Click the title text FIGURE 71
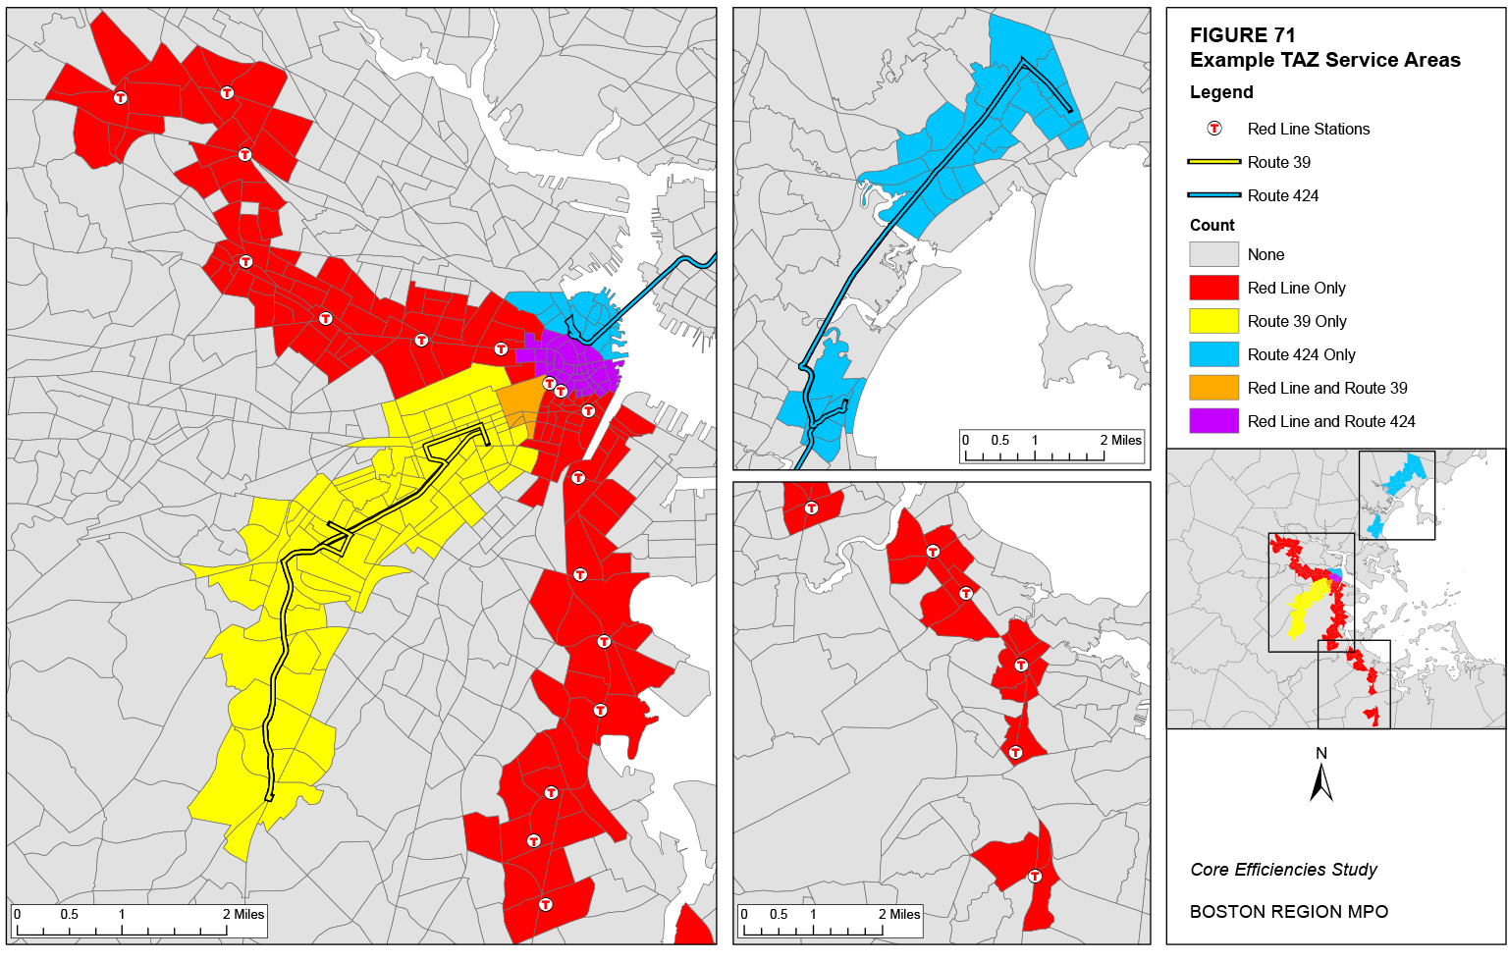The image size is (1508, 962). (x=1242, y=35)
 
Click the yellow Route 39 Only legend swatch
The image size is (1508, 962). (x=1213, y=321)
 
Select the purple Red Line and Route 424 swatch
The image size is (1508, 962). (x=1213, y=421)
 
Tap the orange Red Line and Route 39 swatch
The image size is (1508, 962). (x=1213, y=388)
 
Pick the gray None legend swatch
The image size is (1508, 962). (x=1213, y=254)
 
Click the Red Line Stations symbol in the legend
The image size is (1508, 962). (x=1214, y=129)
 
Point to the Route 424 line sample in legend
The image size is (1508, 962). (x=1213, y=195)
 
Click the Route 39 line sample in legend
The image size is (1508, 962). (x=1213, y=162)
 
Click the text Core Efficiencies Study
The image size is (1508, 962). (x=1283, y=870)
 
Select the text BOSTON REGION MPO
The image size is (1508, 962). (x=1288, y=912)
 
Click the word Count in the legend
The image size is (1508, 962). (x=1212, y=225)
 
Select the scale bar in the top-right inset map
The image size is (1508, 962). (x=1051, y=448)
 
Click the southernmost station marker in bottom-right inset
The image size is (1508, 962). (x=1035, y=877)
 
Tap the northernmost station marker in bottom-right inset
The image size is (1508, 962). (x=811, y=508)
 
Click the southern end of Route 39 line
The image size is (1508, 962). (x=269, y=797)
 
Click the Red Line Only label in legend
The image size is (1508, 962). (x=1296, y=288)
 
